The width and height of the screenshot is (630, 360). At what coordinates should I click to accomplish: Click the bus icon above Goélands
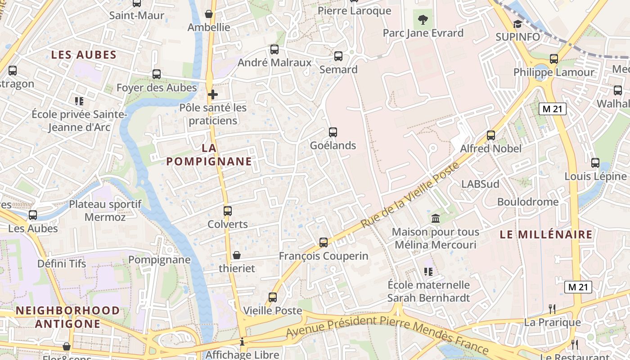pos(333,132)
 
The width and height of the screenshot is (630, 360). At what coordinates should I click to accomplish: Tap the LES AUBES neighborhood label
pos(84,55)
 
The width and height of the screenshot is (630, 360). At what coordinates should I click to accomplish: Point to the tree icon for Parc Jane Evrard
pos(423,20)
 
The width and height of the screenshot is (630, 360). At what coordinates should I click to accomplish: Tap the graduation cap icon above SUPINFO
pos(517,24)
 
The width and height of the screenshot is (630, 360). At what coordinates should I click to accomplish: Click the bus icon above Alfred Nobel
pos(491,135)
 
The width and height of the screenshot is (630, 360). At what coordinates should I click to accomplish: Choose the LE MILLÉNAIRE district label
pos(546,234)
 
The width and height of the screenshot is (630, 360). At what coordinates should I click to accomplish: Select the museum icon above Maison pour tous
pos(436,219)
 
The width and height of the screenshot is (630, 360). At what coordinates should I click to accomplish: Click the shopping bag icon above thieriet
pos(237,256)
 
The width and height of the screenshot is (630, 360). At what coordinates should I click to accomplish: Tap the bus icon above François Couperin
pos(324,243)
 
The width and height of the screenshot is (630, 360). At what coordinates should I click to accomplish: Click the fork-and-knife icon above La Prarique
pos(552,309)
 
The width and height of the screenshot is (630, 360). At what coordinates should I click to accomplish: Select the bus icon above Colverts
pos(228,211)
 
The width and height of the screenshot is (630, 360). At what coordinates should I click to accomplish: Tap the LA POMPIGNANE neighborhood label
pos(209,155)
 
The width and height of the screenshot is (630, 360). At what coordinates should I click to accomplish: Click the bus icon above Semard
pos(338,56)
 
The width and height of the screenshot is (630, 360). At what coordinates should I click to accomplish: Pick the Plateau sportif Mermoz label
pos(105,211)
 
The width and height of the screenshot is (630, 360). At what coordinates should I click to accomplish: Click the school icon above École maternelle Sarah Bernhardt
pos(428,271)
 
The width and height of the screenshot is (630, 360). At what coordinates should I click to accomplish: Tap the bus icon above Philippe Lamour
pos(554,59)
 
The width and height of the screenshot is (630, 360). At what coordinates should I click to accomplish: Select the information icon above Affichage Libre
pos(243,342)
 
